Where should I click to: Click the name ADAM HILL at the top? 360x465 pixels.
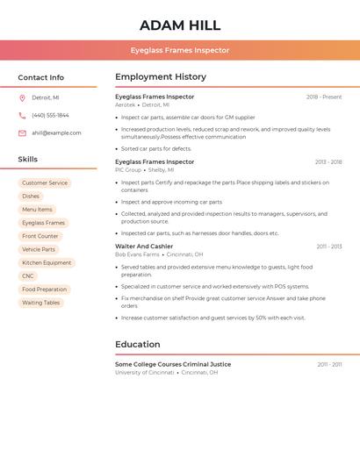click(180, 25)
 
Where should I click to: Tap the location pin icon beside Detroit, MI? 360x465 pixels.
click(22, 97)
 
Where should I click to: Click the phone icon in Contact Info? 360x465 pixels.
click(22, 115)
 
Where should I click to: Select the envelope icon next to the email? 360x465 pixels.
click(22, 133)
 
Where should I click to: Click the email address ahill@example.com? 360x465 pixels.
click(56, 133)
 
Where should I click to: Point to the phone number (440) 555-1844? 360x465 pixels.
click(50, 115)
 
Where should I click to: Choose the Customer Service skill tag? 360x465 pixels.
click(45, 183)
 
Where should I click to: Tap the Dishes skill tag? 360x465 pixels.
click(31, 197)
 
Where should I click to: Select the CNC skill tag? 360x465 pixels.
click(28, 276)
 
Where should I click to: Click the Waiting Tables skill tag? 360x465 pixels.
click(41, 303)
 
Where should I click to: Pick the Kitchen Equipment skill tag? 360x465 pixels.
click(47, 263)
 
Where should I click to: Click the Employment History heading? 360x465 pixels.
click(161, 77)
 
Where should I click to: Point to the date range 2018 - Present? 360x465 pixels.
click(324, 97)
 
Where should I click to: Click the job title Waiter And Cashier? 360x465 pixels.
click(144, 247)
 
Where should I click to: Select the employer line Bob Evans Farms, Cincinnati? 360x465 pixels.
click(159, 254)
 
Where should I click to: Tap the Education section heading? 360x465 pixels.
click(138, 345)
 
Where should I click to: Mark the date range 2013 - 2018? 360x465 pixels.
click(328, 162)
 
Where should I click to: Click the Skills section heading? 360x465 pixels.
click(28, 160)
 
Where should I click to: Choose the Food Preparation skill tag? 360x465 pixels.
click(44, 290)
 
